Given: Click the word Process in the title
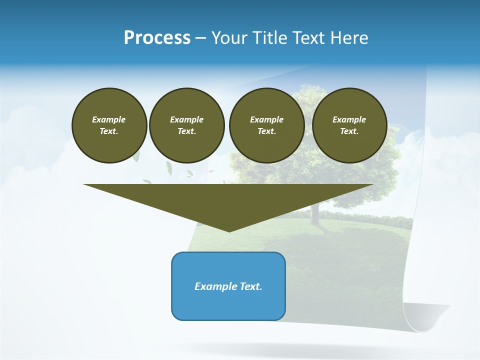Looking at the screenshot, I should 157,38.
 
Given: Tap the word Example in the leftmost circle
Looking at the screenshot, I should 109,119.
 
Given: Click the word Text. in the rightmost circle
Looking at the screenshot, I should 349,131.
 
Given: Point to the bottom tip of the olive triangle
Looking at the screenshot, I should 229,231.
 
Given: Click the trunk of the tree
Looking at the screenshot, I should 315,212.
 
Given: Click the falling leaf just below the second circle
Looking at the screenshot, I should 168,169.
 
